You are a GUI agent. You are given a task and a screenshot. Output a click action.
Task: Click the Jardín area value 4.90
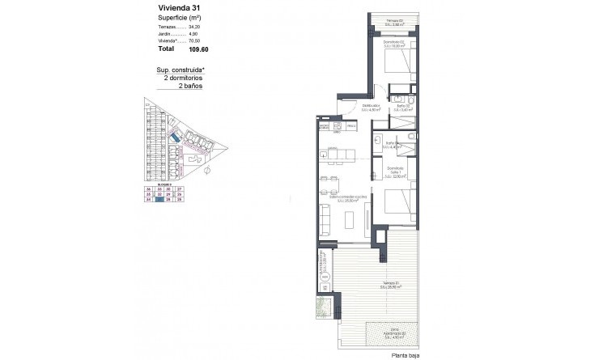click(191, 34)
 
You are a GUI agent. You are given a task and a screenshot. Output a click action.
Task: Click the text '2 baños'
click(182, 86)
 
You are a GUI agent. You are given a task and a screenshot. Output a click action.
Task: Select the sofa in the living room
click(325, 219)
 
